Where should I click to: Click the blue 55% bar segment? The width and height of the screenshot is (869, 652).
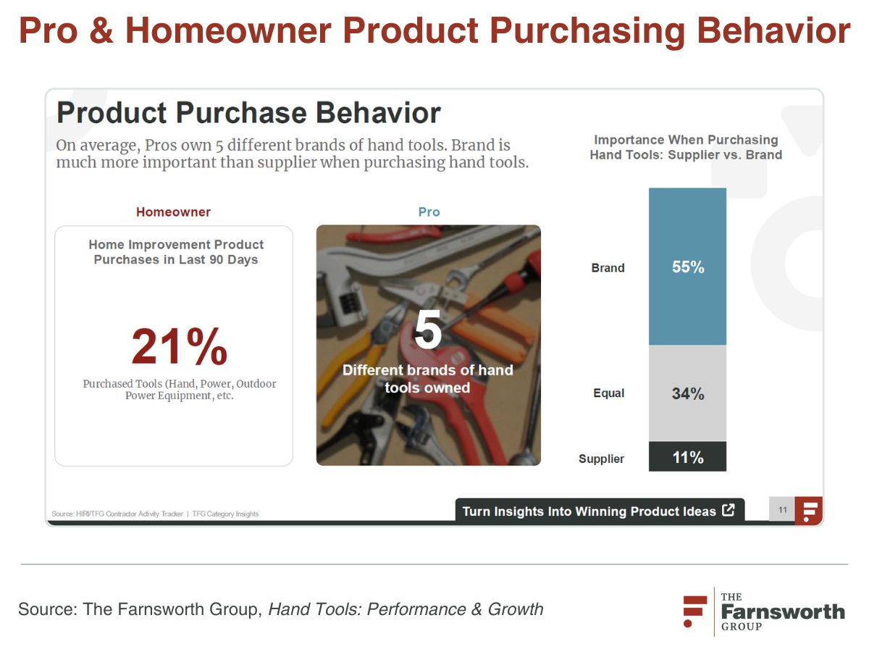(x=687, y=267)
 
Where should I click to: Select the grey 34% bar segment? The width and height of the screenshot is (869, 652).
(x=687, y=393)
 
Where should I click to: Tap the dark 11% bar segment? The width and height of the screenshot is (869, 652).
(x=687, y=456)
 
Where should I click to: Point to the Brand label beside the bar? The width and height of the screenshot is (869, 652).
(x=608, y=268)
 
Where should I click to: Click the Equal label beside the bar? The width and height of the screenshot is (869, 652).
(x=608, y=393)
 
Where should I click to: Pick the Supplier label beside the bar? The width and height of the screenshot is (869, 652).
(x=601, y=459)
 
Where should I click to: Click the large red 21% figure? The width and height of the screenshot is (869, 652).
(x=180, y=346)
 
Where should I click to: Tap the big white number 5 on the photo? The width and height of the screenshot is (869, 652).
(x=427, y=330)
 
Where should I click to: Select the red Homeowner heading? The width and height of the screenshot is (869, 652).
(x=173, y=212)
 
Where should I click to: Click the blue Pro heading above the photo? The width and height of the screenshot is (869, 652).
(x=429, y=212)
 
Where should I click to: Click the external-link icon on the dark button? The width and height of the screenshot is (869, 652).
(x=728, y=510)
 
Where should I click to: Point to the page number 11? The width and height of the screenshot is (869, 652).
(x=782, y=510)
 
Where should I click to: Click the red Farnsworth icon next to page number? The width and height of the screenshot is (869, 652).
(x=809, y=511)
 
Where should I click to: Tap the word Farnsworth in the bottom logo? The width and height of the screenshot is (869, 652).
(x=783, y=611)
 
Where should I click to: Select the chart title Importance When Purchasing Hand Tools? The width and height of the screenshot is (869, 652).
(x=686, y=147)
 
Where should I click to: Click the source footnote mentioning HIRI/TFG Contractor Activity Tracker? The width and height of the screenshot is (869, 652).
(x=155, y=514)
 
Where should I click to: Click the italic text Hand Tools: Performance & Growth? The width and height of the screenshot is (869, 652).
(x=406, y=609)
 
